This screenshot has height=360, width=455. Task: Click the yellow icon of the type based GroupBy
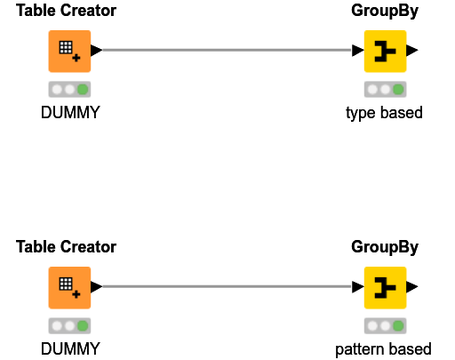pos(385,52)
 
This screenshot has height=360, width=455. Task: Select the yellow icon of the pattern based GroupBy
pos(385,287)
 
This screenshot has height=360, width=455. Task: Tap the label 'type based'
pos(384,113)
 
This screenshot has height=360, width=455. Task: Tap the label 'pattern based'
pos(384,348)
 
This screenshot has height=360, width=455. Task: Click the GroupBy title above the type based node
pos(385,12)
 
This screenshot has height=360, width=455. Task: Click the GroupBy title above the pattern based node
pos(385,247)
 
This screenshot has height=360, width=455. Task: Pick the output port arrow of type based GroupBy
pos(411,52)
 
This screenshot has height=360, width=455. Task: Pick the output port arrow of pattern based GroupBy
pos(411,287)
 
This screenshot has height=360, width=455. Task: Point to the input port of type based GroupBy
pos(358,52)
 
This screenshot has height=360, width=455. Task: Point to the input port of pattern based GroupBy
pos(358,287)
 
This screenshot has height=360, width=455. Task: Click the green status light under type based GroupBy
pos(397,90)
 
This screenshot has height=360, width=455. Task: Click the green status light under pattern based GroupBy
pos(397,325)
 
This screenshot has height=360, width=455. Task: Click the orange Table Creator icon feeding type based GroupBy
pos(69,52)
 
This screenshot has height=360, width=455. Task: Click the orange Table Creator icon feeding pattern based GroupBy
pos(69,287)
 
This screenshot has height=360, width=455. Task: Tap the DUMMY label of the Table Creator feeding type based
pos(70,113)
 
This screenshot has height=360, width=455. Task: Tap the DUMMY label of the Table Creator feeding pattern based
pos(70,348)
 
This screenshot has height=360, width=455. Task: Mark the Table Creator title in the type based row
pos(66,12)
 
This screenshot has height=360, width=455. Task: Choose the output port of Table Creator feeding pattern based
pos(96,287)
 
